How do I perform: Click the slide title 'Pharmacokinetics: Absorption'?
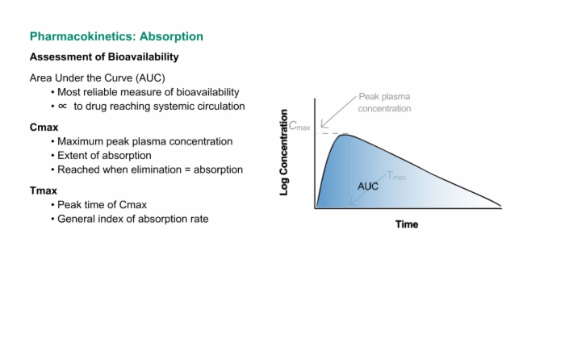(x=116, y=36)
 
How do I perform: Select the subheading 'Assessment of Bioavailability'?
(x=104, y=57)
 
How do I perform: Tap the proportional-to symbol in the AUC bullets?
(x=62, y=107)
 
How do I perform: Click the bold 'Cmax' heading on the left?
(x=44, y=128)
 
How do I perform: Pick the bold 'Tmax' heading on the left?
(x=44, y=190)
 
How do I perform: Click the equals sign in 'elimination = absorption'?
(x=187, y=170)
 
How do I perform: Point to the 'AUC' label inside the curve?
(x=368, y=186)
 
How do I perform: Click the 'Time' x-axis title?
(x=407, y=224)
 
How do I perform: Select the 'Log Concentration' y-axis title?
(x=284, y=153)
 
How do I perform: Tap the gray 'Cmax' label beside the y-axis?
(x=299, y=126)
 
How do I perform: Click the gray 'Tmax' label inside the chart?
(x=396, y=176)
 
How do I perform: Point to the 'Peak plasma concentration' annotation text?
(x=384, y=103)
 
